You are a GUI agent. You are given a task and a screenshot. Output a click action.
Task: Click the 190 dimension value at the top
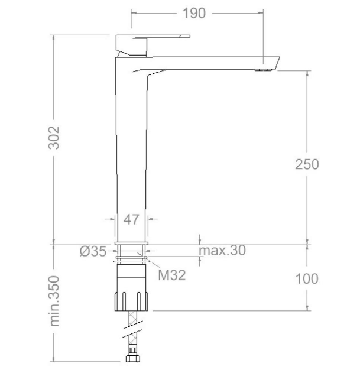tap(194, 14)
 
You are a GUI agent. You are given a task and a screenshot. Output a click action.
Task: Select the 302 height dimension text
tap(54, 138)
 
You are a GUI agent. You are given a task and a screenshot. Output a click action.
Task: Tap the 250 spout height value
tap(307, 164)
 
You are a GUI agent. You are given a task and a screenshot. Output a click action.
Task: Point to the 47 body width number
tap(131, 219)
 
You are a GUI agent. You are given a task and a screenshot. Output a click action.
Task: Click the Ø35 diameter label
tap(93, 251)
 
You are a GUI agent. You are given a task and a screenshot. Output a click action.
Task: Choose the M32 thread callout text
tap(172, 275)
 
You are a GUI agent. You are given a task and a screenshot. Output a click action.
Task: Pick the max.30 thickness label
tap(222, 250)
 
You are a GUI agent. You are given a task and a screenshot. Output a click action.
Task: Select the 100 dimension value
tap(307, 278)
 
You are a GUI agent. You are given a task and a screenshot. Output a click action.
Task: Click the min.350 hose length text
tap(54, 301)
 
